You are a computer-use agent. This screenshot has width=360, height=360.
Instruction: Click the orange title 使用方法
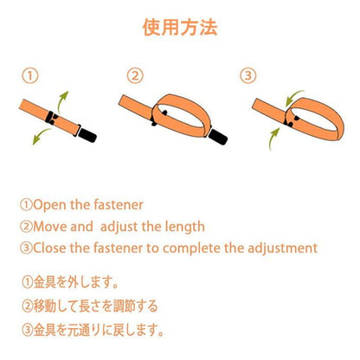(x=180, y=28)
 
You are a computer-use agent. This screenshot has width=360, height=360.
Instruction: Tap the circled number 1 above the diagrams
(x=30, y=76)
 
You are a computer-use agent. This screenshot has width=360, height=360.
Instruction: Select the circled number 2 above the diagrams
(x=135, y=76)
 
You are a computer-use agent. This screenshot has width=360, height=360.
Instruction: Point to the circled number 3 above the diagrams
(x=248, y=76)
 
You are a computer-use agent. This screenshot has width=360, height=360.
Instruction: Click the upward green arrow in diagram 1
(x=61, y=101)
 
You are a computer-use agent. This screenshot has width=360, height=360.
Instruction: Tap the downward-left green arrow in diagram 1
(x=41, y=136)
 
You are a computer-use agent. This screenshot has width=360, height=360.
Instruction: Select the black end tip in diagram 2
(x=218, y=137)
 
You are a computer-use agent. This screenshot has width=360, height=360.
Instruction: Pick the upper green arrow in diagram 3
(x=293, y=97)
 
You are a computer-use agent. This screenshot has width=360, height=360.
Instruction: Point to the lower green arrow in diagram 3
(x=273, y=138)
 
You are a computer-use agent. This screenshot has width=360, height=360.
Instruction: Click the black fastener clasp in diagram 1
(x=51, y=118)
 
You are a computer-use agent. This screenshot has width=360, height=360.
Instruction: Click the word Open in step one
(x=49, y=205)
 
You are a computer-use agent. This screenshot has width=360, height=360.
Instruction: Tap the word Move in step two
(x=49, y=227)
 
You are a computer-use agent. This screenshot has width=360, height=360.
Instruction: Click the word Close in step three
(x=49, y=248)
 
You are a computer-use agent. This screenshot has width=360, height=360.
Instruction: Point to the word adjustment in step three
(x=282, y=248)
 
